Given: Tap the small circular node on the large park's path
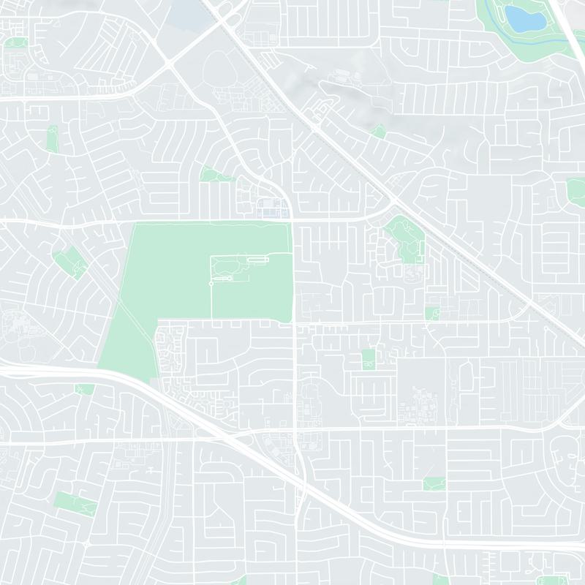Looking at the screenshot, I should pyautogui.click(x=211, y=283).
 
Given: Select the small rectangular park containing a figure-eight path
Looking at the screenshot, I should pyautogui.click(x=368, y=359).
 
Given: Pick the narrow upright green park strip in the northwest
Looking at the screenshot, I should pyautogui.click(x=52, y=138).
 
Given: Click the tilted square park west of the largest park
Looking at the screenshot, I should pyautogui.click(x=69, y=262).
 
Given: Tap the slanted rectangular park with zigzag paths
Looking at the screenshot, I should pyautogui.click(x=75, y=503).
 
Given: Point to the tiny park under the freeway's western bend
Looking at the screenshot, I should pyautogui.click(x=85, y=389).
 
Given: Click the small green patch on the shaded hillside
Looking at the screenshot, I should pyautogui.click(x=378, y=132).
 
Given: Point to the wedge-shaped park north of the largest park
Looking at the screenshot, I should pyautogui.click(x=212, y=175).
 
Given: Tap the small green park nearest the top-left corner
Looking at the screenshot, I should pyautogui.click(x=15, y=43).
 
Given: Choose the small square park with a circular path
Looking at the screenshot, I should pyautogui.click(x=431, y=313).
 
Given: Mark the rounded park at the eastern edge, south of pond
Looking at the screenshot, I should pyautogui.click(x=575, y=189).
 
